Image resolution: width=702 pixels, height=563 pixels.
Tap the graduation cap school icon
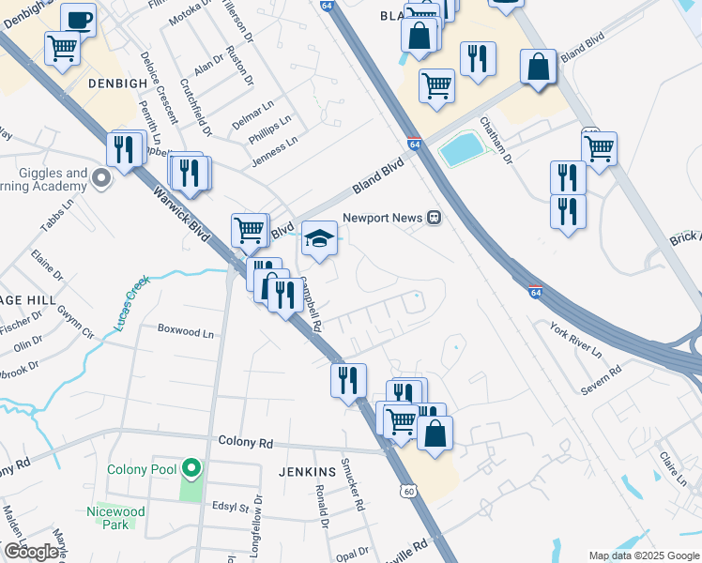(x=319, y=237)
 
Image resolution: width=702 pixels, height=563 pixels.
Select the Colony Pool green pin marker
(x=191, y=467)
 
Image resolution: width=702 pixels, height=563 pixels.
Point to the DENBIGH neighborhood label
(x=118, y=83)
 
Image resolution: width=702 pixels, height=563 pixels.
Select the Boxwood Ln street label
(x=186, y=331)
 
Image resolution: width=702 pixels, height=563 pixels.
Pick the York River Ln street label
(x=575, y=342)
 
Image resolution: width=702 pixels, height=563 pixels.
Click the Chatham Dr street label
(x=496, y=141)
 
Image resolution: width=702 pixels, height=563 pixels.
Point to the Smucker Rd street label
(x=352, y=483)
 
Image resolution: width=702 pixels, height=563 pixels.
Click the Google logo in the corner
(x=31, y=552)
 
